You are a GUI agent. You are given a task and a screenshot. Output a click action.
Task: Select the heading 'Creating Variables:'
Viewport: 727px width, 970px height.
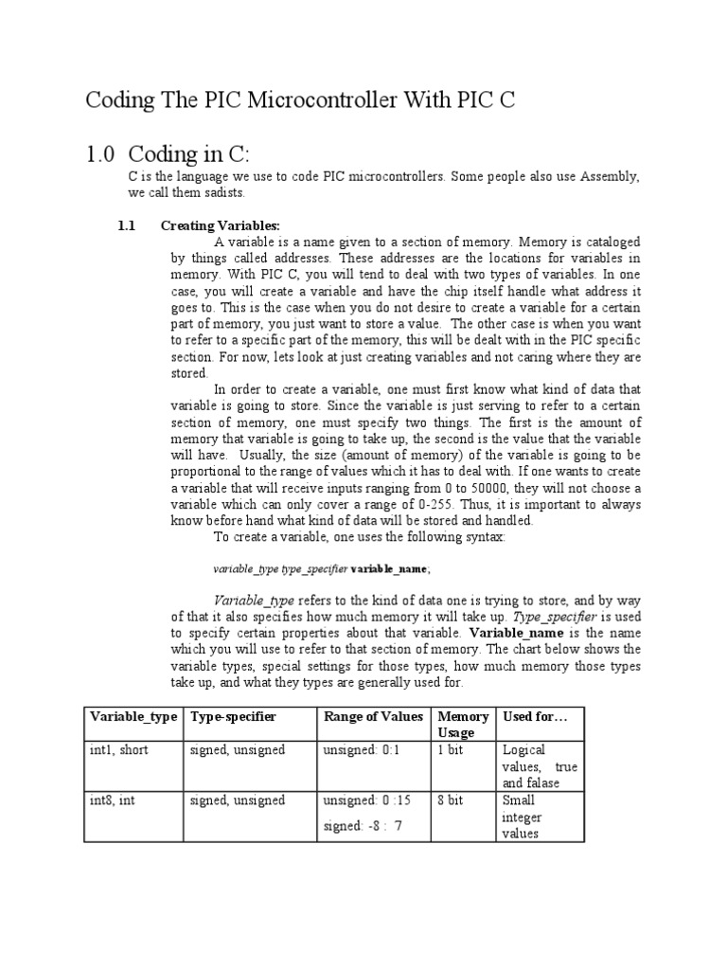221,225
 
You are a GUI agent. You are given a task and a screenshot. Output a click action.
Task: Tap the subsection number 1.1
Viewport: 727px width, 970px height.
127,225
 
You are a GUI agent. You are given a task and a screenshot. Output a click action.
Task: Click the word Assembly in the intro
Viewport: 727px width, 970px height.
612,177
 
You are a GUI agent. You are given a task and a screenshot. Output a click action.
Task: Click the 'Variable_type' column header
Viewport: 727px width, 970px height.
133,717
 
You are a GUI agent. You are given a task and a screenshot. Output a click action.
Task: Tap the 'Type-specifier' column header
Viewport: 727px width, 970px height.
233,717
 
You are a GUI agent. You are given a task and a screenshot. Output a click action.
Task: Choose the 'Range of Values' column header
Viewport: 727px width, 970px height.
373,717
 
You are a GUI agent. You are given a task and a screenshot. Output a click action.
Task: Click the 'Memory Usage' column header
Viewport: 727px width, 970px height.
463,725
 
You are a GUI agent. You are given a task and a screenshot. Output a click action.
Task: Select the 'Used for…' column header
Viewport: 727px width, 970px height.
535,717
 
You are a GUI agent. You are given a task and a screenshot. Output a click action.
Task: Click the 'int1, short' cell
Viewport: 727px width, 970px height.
119,750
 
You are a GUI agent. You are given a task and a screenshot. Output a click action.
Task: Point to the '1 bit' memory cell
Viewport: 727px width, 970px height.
450,750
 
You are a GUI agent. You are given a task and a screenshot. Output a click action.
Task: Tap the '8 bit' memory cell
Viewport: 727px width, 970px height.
450,801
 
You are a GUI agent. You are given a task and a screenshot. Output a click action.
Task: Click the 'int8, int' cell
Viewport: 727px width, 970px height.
113,801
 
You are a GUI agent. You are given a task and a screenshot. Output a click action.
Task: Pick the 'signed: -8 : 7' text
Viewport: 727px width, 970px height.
363,826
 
